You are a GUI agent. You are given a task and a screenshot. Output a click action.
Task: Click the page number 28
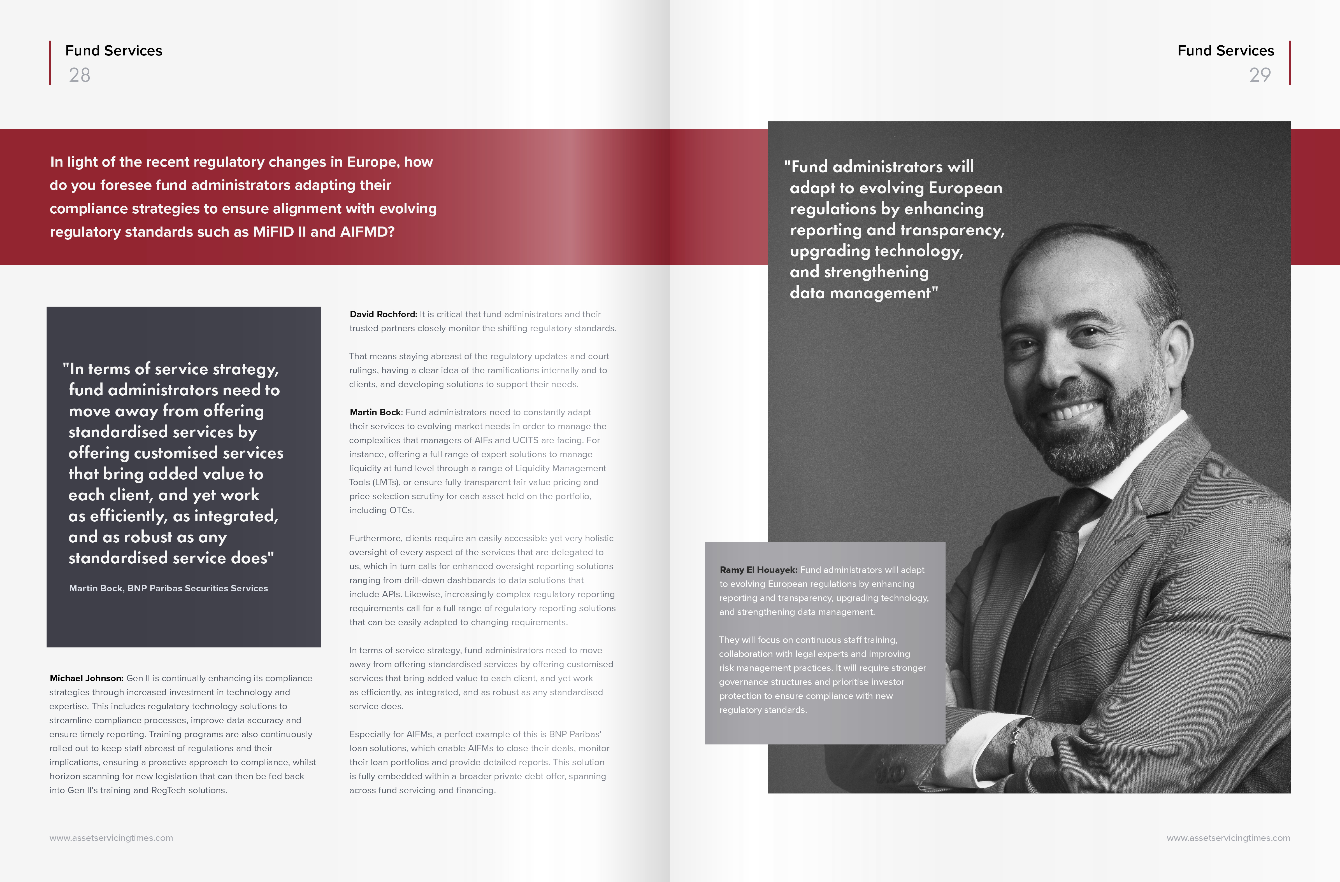point(79,75)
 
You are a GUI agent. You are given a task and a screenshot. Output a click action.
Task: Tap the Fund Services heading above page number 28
point(114,51)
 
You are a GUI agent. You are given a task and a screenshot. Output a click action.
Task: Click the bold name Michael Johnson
point(86,678)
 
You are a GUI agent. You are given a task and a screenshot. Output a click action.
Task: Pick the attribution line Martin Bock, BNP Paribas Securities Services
point(168,588)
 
